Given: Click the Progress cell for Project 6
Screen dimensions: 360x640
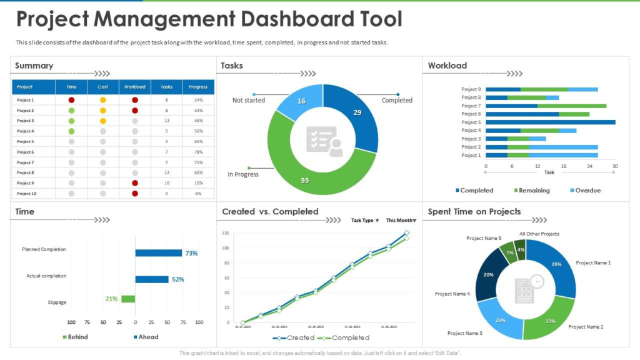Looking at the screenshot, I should click(x=198, y=152).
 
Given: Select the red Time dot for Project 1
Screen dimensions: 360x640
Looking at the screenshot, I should click(x=71, y=100).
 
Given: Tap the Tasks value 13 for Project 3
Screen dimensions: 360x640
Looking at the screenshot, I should click(x=166, y=121).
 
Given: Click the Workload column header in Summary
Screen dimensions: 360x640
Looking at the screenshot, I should click(x=134, y=87).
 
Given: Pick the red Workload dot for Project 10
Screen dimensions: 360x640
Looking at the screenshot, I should click(x=134, y=194).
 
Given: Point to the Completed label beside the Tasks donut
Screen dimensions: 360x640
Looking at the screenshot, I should click(x=397, y=100).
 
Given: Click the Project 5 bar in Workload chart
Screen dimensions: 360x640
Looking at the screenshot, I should click(x=550, y=122).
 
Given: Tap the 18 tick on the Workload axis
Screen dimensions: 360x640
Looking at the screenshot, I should click(x=564, y=166).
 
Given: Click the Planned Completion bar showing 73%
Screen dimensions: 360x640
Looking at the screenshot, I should click(x=158, y=253).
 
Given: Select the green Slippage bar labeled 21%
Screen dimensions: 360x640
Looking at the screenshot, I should click(x=128, y=299).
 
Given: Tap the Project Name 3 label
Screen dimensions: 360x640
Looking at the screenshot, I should click(x=465, y=333).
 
